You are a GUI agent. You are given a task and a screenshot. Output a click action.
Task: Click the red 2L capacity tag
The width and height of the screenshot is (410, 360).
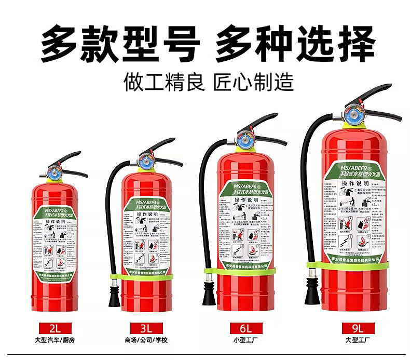[x=55, y=328]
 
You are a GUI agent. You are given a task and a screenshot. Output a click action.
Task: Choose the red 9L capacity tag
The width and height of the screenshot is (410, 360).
[x=358, y=328]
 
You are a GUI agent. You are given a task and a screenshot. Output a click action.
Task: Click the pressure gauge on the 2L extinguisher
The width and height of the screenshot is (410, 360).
[x=54, y=172]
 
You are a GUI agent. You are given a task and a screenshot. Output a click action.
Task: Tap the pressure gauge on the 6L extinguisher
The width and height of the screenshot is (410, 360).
[x=243, y=139]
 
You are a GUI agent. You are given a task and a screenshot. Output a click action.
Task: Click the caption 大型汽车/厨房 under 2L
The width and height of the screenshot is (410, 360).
[x=55, y=340]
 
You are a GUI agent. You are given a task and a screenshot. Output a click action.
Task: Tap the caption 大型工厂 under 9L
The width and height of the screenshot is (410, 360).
[x=358, y=340]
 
